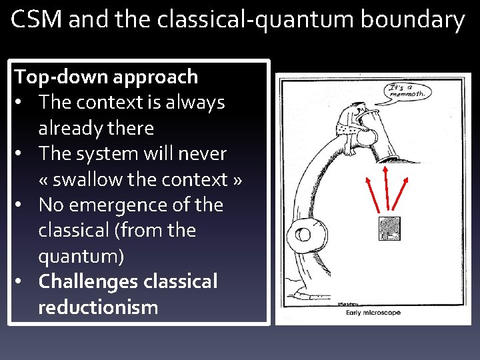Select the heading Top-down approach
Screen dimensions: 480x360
point(107,77)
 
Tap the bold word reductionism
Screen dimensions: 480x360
point(98,307)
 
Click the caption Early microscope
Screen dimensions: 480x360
point(373,312)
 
